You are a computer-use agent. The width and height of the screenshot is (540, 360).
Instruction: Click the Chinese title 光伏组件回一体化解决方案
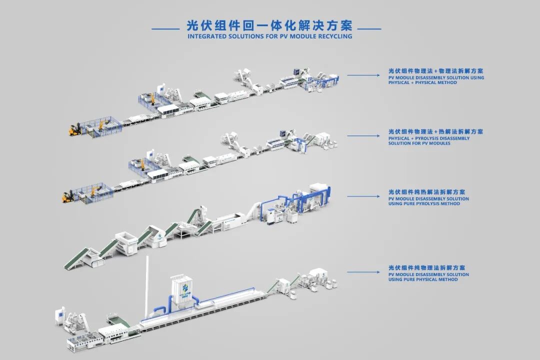point(269,25)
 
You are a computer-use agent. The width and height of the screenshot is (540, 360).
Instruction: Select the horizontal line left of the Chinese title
point(165,29)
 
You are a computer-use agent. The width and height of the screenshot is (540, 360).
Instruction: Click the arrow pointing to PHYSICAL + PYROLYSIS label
point(363,135)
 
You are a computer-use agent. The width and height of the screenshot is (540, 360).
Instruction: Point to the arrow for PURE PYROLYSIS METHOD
point(363,196)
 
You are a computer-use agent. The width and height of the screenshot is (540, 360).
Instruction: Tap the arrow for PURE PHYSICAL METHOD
point(363,272)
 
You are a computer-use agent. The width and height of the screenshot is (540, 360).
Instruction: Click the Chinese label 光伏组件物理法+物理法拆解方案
point(435,71)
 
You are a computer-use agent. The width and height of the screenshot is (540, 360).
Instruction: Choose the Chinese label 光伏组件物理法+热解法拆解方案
point(435,131)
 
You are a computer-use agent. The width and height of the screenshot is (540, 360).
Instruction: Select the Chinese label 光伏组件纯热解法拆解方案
point(426,192)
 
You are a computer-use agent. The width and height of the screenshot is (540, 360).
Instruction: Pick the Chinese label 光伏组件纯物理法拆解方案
point(426,267)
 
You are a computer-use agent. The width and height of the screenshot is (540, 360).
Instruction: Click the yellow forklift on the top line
point(74,129)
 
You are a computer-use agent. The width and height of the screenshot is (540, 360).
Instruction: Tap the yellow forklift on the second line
point(67,196)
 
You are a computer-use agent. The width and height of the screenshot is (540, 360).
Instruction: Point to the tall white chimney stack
point(147,286)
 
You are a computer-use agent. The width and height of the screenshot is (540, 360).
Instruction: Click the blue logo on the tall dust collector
point(185,287)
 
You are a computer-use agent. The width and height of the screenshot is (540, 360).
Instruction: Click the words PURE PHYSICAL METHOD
point(423,279)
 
